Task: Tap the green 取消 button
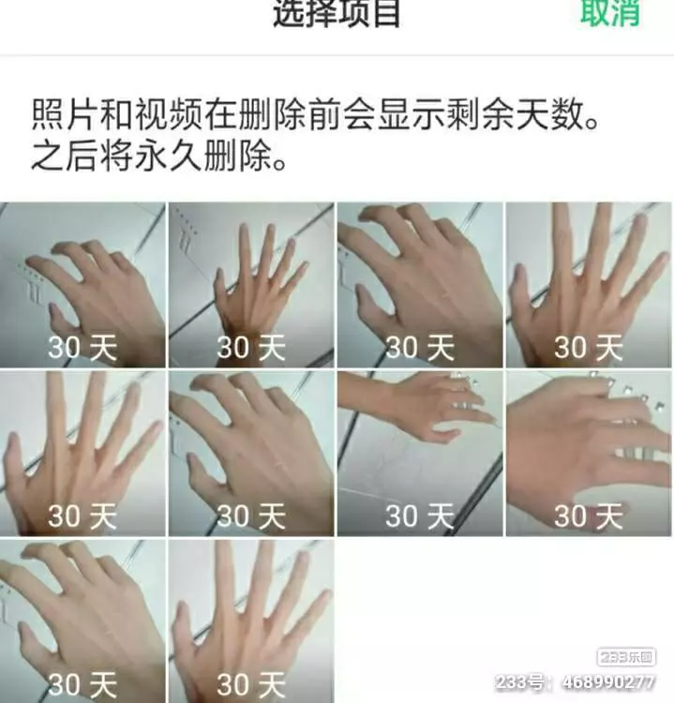coord(610,12)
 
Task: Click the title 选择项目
coord(337,13)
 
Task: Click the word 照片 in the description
coord(65,114)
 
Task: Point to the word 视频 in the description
coord(168,114)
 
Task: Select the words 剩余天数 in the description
coord(516,114)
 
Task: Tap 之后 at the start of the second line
coord(65,156)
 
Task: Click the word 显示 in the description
coord(412,114)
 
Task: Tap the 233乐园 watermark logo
coord(626,657)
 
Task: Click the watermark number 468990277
coord(607,682)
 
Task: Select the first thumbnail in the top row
coord(82,285)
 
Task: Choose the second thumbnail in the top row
coord(251,285)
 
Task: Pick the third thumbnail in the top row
coord(420,285)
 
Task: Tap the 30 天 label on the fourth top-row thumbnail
coord(589,348)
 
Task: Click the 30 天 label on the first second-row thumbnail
coord(82,516)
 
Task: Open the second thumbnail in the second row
coord(251,454)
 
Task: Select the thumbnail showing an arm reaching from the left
coord(420,454)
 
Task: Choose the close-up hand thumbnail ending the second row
coord(589,454)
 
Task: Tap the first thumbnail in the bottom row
coord(82,621)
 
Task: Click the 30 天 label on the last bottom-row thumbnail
coord(251,684)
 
